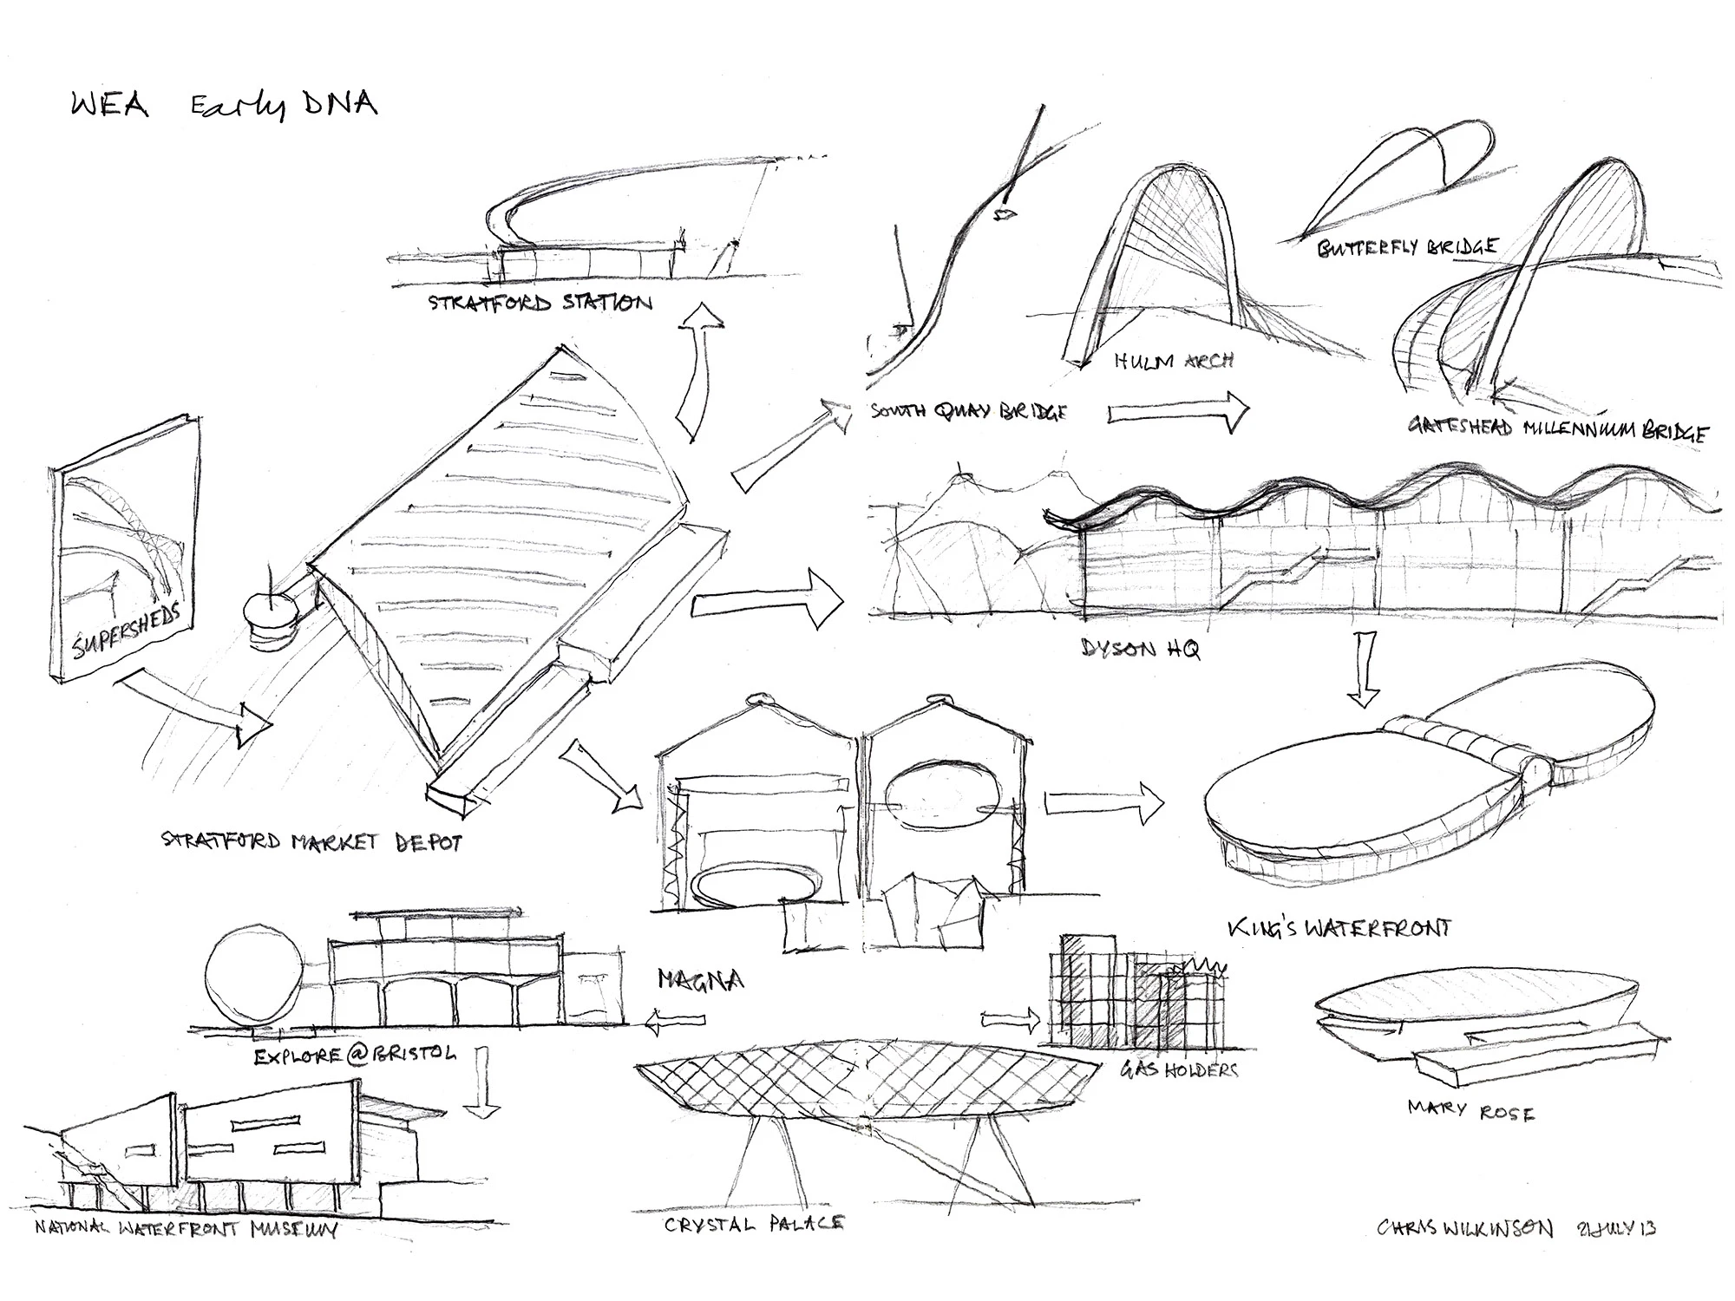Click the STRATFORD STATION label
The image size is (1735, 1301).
540,304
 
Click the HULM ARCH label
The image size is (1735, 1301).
1173,360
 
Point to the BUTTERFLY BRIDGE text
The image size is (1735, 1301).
1406,248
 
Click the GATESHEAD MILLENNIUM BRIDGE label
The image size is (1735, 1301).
1557,428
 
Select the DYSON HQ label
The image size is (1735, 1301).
1140,648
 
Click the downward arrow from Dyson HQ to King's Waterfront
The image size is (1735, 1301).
1365,668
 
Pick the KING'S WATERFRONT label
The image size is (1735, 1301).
1339,928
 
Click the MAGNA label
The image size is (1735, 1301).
700,980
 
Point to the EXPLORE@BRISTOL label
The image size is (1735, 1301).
355,1056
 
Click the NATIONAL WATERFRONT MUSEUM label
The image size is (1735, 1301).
185,1229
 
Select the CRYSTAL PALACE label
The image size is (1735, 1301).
753,1224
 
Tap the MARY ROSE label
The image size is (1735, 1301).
1470,1110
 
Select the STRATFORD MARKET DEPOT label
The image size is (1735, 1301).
311,841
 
